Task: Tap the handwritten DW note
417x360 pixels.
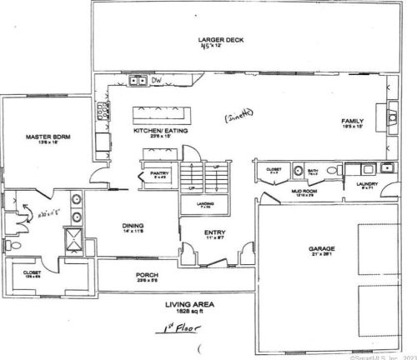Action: (x=156, y=80)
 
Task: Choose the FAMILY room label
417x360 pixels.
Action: (x=350, y=122)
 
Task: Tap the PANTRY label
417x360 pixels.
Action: (x=159, y=173)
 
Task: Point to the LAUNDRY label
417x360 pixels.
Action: (x=367, y=185)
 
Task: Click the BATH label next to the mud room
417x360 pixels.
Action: (x=313, y=170)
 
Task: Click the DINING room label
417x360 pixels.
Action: (x=133, y=225)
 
